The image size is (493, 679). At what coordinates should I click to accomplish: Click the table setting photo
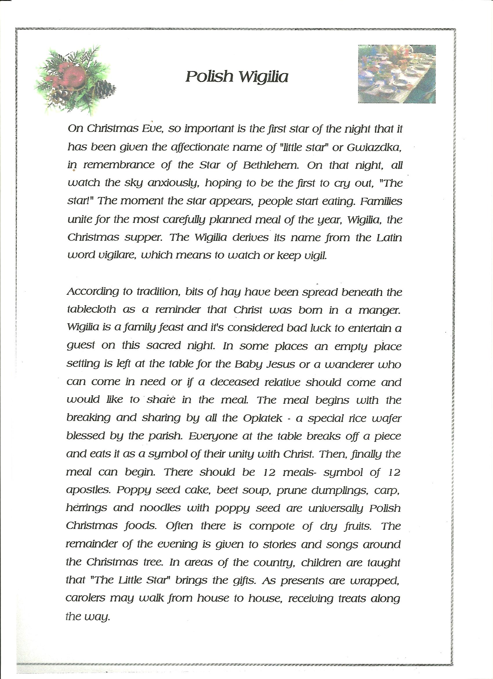(x=396, y=74)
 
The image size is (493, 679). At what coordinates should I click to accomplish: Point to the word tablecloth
(x=91, y=309)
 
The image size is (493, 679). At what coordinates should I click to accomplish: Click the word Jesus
(x=282, y=364)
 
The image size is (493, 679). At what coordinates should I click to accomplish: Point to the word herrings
(x=86, y=508)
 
